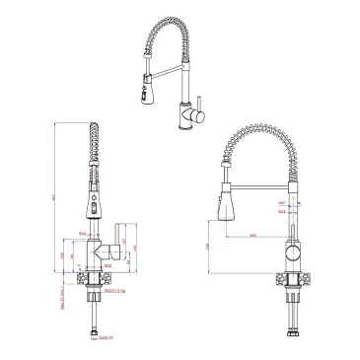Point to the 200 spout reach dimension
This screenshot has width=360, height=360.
(253, 236)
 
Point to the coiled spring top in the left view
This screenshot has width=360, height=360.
(95, 128)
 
